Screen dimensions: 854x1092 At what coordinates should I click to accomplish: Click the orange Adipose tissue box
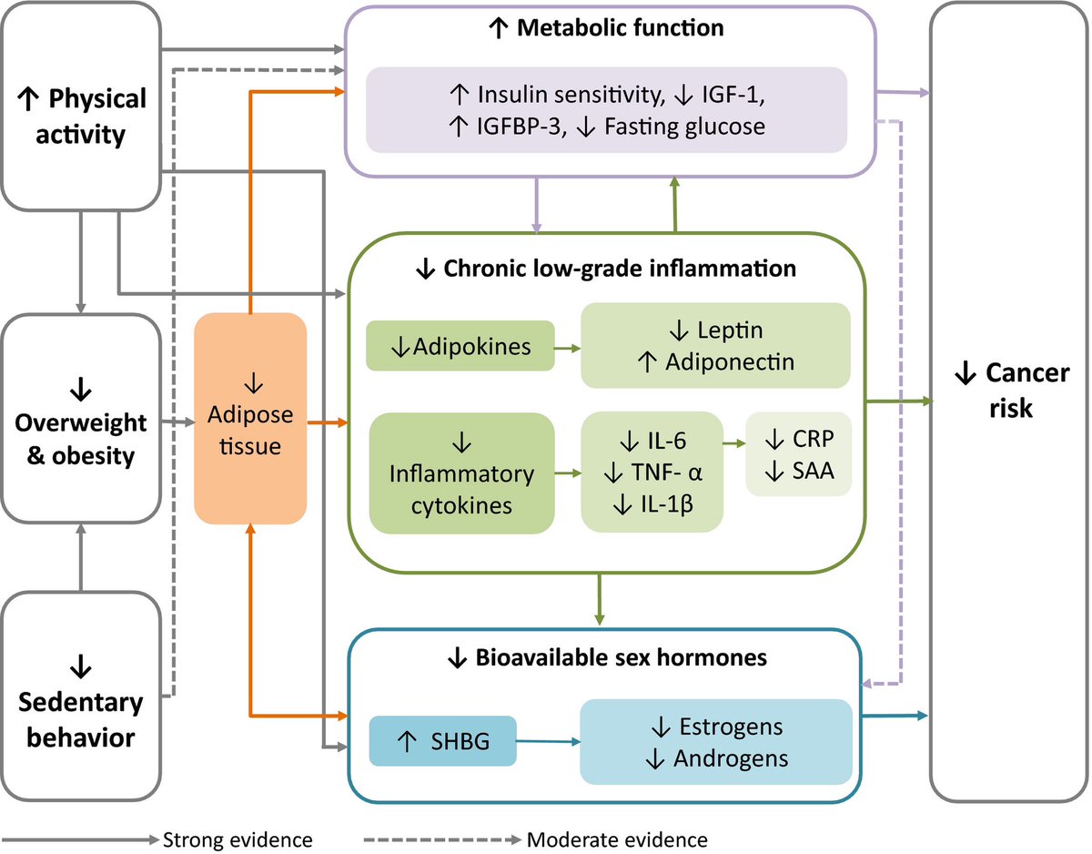click(250, 417)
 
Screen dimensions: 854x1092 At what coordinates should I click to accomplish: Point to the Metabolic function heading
click(608, 29)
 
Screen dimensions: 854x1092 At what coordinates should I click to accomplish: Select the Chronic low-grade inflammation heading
click(604, 269)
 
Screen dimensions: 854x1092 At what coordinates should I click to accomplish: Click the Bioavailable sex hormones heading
click(604, 656)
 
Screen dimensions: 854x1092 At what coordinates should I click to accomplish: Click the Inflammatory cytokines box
click(462, 473)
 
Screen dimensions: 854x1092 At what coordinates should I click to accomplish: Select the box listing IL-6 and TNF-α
click(652, 471)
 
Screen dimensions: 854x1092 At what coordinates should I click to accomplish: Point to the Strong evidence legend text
click(238, 838)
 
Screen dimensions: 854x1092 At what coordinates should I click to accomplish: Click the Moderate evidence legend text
click(617, 838)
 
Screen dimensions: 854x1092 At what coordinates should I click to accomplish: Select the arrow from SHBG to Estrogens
click(548, 741)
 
